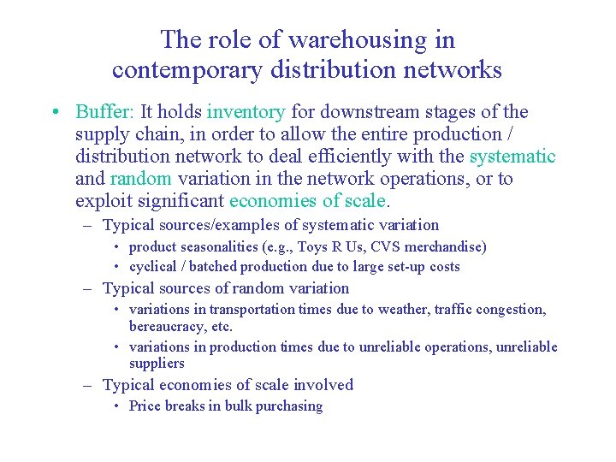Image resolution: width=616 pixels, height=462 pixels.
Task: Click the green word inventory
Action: [x=246, y=112]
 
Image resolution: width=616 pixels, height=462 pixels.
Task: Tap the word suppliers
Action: [x=157, y=364]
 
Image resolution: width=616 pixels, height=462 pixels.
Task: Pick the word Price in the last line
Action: [x=145, y=406]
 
